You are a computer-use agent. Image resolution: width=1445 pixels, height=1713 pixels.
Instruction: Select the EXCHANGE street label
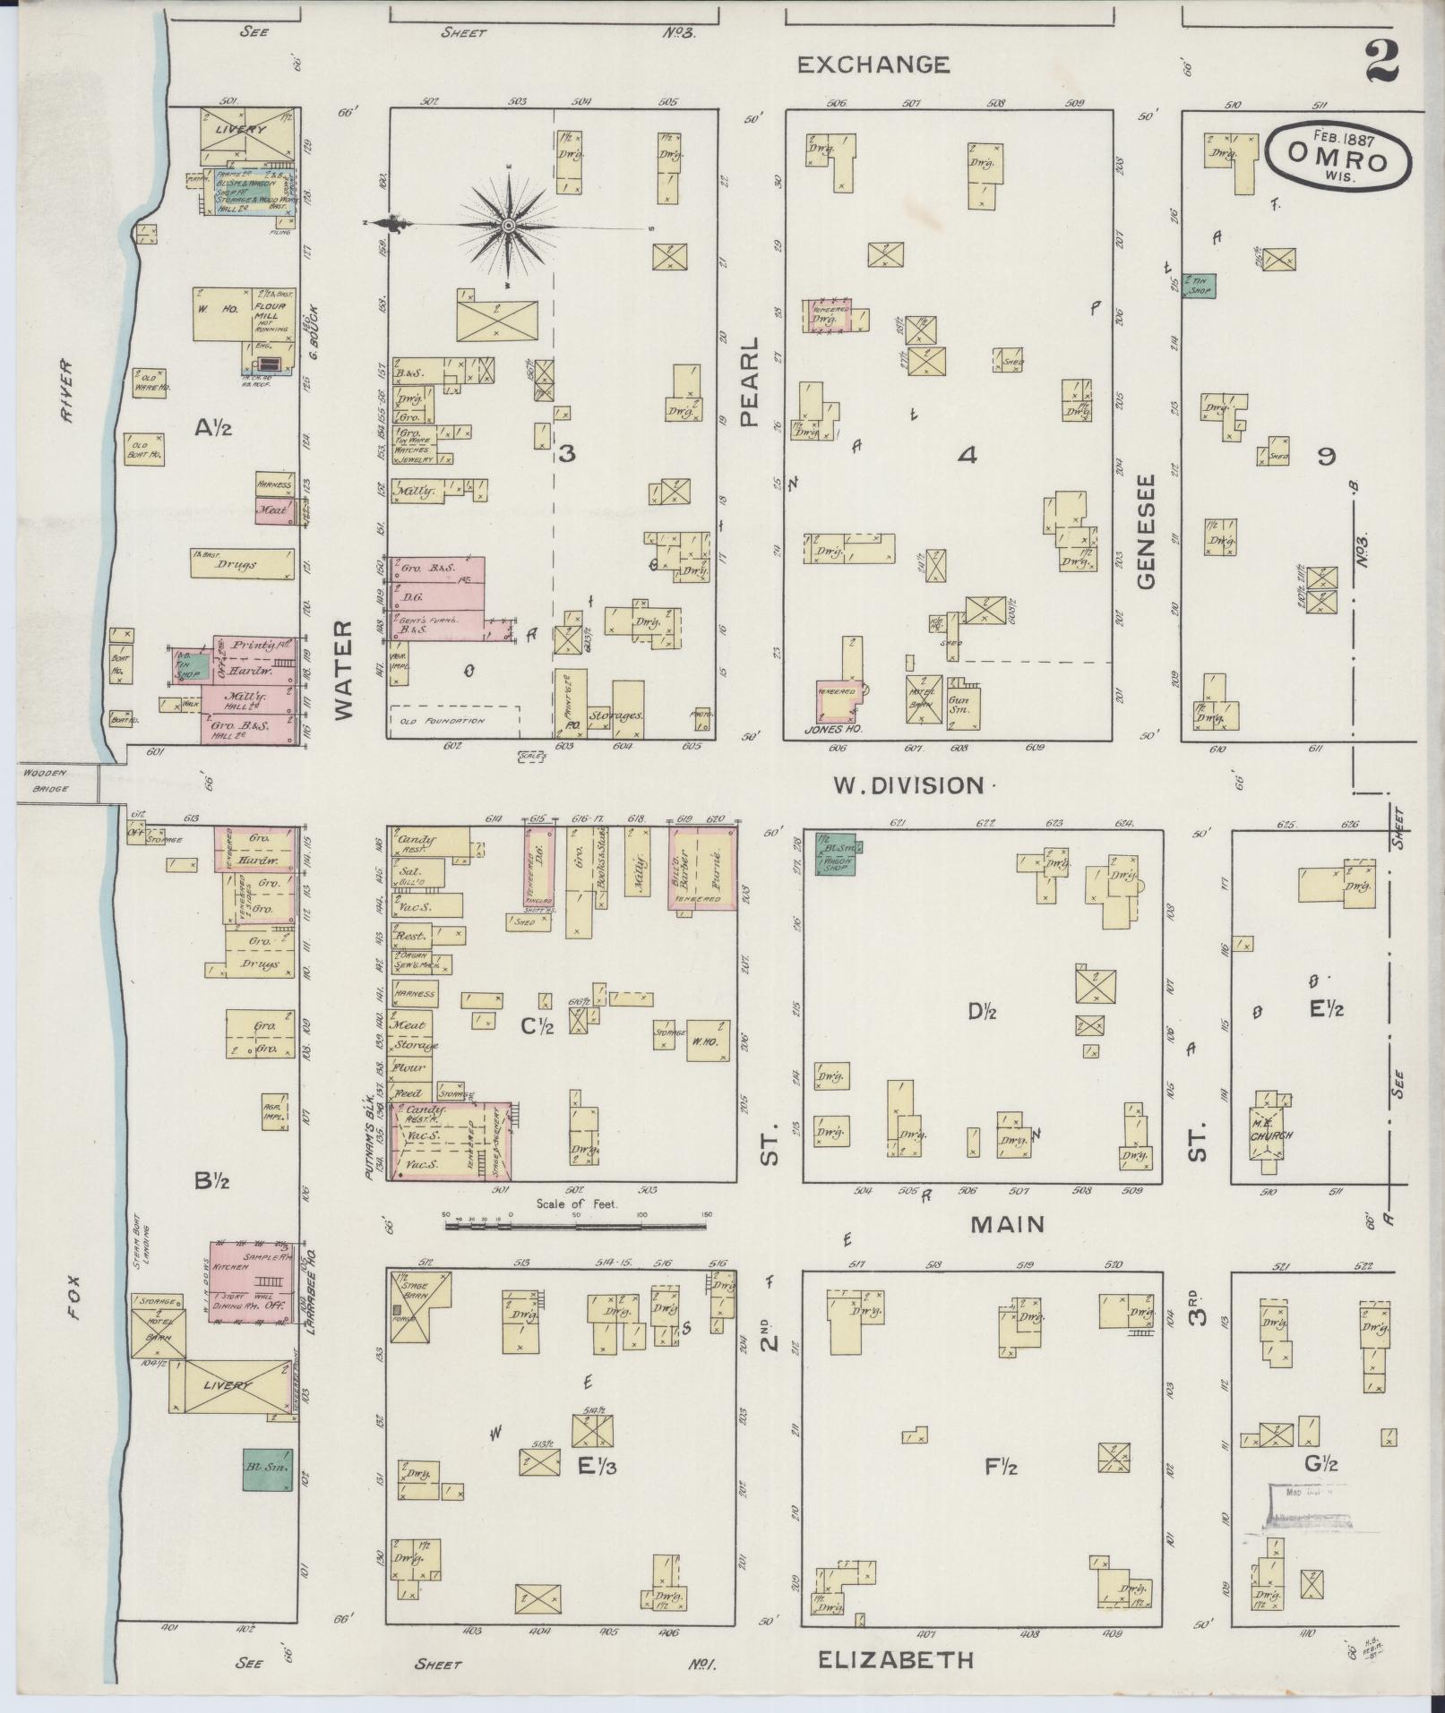click(x=873, y=64)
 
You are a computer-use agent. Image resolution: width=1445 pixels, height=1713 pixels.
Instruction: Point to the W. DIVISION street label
click(x=908, y=785)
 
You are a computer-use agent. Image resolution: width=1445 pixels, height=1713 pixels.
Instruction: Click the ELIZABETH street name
click(x=896, y=1660)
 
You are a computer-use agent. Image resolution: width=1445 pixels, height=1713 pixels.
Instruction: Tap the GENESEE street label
click(x=1147, y=531)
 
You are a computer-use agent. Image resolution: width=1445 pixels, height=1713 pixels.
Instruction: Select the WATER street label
click(x=345, y=670)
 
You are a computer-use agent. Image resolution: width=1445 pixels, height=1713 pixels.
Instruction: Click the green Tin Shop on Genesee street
click(x=1199, y=286)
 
